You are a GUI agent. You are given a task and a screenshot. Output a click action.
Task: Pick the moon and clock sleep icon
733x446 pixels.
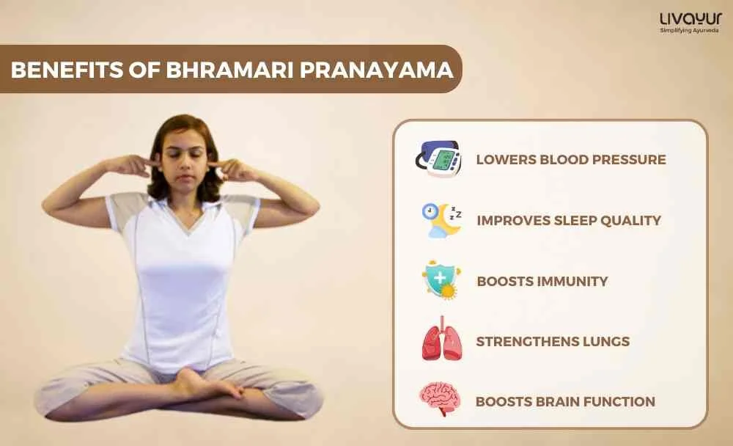point(441,220)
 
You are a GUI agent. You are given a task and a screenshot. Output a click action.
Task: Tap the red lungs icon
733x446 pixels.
point(441,341)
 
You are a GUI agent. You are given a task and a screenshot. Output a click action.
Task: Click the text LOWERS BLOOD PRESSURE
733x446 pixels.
point(571,159)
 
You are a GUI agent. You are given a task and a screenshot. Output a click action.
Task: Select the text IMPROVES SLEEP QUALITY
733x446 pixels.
point(569,220)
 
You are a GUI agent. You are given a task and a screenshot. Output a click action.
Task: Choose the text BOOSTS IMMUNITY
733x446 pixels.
point(542,281)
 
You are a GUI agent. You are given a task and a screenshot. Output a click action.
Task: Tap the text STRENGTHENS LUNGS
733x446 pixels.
point(553,341)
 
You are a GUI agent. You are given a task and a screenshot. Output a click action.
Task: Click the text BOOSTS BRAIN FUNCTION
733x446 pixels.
point(565,401)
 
